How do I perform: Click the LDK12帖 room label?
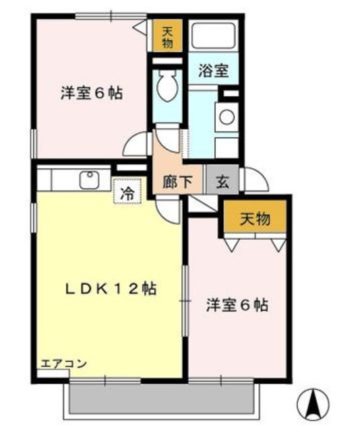[111, 289]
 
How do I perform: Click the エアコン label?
[63, 364]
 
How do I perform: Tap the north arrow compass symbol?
[312, 405]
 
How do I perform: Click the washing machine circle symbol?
[227, 117]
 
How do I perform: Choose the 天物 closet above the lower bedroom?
[256, 218]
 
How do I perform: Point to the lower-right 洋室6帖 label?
[237, 305]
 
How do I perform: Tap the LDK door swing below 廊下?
[169, 206]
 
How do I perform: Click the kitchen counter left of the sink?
[57, 179]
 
